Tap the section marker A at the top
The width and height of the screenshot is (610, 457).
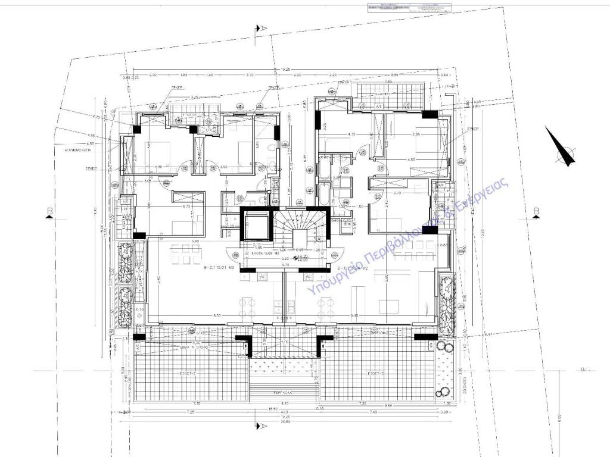[x=258, y=28]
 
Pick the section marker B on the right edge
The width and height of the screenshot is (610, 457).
[x=537, y=211]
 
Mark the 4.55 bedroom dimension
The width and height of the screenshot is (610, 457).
[x=411, y=159]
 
